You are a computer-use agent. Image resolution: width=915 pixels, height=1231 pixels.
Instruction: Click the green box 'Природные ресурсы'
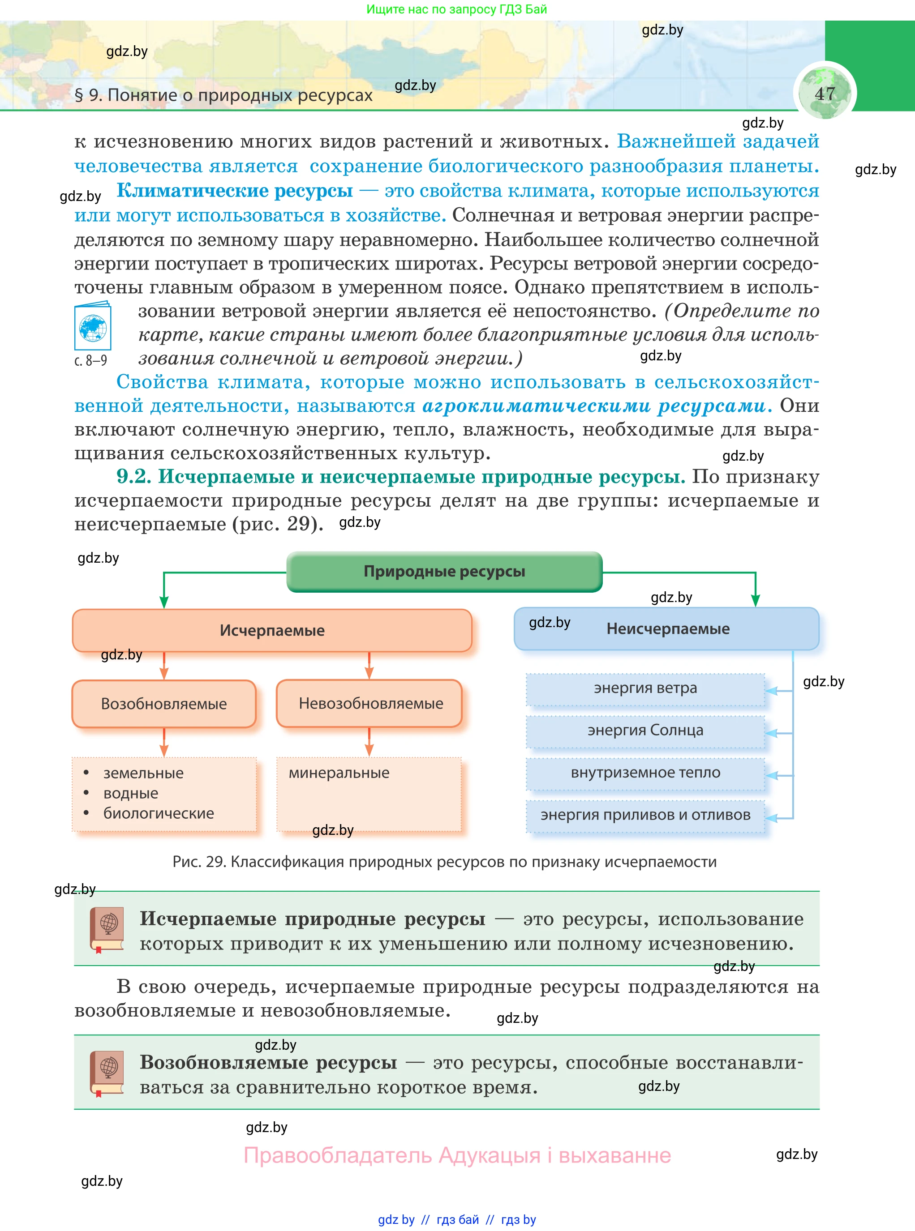coord(444,571)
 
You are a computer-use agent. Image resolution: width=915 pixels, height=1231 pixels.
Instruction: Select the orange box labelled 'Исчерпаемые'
coord(272,630)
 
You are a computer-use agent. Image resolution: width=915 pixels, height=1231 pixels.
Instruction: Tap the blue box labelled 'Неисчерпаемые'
coord(667,629)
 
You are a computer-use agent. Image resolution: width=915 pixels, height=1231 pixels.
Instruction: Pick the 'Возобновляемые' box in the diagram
coord(164,704)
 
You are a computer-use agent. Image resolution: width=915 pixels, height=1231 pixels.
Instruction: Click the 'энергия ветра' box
coord(645,688)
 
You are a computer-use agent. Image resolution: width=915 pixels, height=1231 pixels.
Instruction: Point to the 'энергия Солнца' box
coord(645,731)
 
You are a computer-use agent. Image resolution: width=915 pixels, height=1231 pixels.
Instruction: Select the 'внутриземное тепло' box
coord(645,773)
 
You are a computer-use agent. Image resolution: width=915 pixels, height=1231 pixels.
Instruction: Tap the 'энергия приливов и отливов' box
coord(645,815)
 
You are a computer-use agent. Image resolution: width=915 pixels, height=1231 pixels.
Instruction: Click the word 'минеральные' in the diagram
coord(339,773)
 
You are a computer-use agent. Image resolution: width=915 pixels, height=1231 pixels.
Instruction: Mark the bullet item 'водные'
coord(131,793)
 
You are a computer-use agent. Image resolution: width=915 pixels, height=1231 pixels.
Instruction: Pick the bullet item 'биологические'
coord(159,813)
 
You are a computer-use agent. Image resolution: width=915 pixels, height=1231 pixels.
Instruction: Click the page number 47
coord(825,93)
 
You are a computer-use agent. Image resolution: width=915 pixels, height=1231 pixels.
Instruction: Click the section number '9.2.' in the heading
coord(133,477)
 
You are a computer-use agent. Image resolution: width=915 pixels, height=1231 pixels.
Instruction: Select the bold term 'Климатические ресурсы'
coord(234,190)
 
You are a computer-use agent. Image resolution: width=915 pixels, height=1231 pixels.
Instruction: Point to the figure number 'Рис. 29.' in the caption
coord(199,862)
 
